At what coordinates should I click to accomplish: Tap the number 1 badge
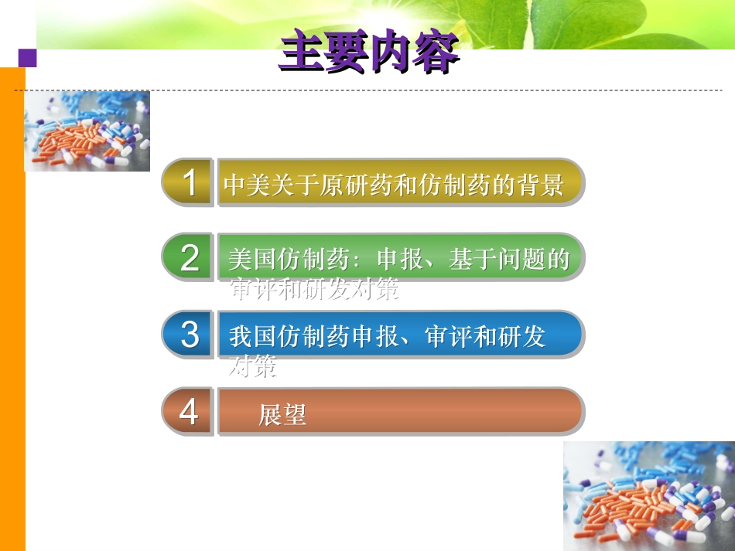[188, 182]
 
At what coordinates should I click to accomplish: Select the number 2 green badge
[188, 257]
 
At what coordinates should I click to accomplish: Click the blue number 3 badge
[188, 334]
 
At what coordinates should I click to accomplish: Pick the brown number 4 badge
[188, 412]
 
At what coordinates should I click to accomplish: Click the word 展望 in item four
[282, 416]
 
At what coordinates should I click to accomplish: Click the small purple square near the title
[28, 58]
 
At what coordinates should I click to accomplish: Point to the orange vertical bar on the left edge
[12, 309]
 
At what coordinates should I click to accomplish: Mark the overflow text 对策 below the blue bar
[252, 367]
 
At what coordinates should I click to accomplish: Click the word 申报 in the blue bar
[374, 336]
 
